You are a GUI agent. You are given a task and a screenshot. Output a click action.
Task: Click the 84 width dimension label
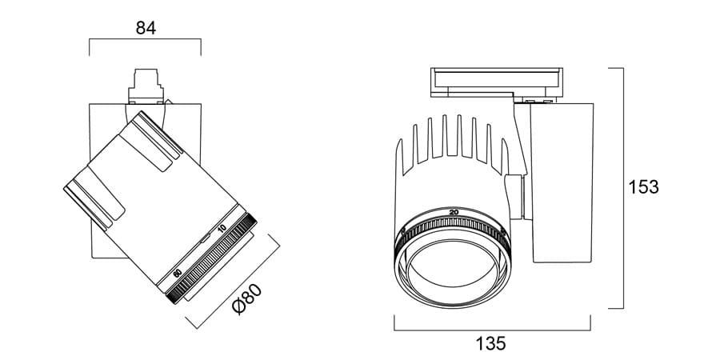point(145,28)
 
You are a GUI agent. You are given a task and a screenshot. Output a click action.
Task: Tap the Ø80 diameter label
point(249,302)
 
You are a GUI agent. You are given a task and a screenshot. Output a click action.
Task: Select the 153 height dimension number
point(644,187)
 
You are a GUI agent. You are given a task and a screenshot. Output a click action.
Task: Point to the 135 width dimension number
point(491,344)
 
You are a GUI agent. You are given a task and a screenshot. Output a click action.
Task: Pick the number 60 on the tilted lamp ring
point(178,273)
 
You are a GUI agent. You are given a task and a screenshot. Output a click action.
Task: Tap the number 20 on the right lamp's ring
point(454,211)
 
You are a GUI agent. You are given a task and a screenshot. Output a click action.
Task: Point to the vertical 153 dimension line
point(622,188)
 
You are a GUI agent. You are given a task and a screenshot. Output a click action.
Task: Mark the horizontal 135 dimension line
point(492,329)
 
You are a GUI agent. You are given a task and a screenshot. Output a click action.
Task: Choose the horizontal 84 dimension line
point(145,38)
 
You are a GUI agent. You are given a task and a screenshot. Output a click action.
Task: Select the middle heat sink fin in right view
point(460,136)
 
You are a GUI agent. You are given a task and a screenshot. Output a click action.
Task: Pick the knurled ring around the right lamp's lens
point(454,228)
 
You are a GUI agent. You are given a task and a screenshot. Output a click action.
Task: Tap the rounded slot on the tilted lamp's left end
point(94,200)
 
